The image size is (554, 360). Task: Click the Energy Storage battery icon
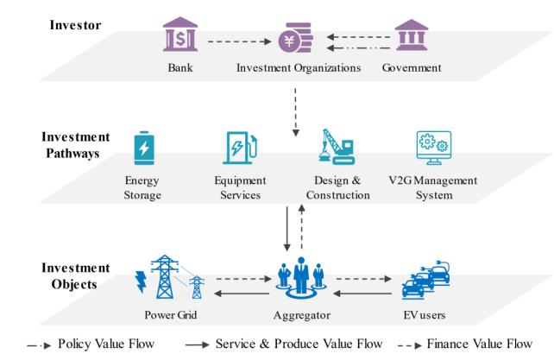click(144, 148)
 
